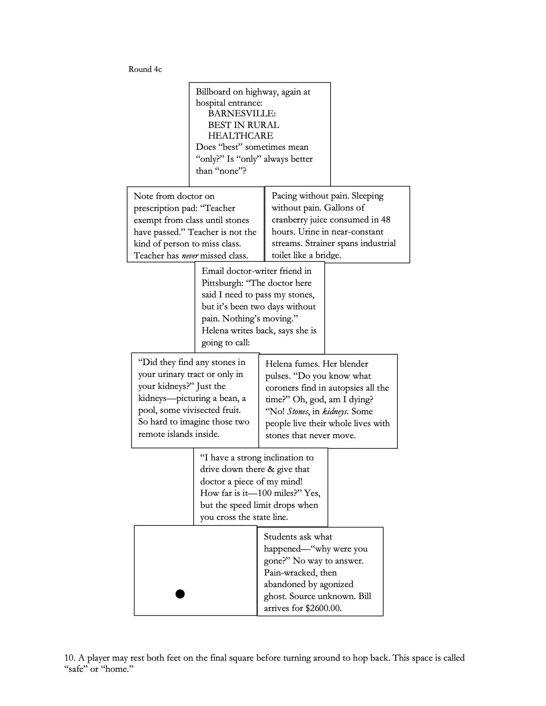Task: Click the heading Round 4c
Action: point(145,69)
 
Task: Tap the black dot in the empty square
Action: point(180,593)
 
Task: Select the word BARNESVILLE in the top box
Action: point(242,114)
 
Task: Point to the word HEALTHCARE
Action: point(240,136)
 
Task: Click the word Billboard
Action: point(213,92)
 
